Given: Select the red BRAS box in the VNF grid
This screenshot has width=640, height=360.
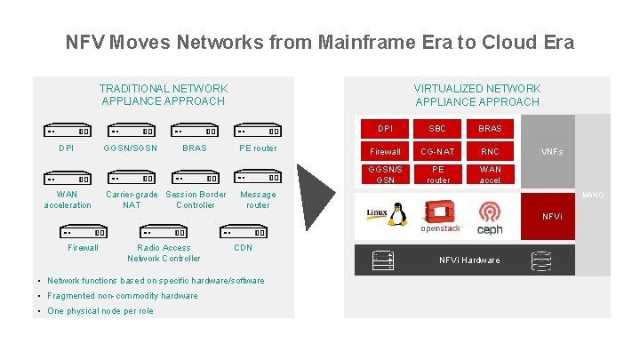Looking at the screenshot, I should coord(490,128).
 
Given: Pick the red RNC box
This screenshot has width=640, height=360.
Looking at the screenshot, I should coord(490,151).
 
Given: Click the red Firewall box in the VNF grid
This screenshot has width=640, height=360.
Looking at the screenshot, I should coord(385,151).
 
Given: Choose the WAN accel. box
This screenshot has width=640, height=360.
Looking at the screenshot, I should coord(490,174).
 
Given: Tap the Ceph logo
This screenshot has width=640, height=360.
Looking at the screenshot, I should coord(490,218).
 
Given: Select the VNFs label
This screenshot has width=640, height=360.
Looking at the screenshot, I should coord(552,152).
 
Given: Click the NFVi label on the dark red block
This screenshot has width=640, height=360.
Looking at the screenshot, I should coord(552,216).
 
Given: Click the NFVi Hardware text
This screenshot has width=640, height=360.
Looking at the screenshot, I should coord(469,260).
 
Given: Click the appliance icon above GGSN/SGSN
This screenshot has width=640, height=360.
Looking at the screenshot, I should coord(132,129).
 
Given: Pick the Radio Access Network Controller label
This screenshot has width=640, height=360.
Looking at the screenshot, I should coord(164,253).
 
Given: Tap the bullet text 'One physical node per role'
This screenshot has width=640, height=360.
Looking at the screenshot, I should coord(100,311).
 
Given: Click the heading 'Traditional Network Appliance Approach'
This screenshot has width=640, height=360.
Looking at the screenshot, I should coord(164,94).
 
